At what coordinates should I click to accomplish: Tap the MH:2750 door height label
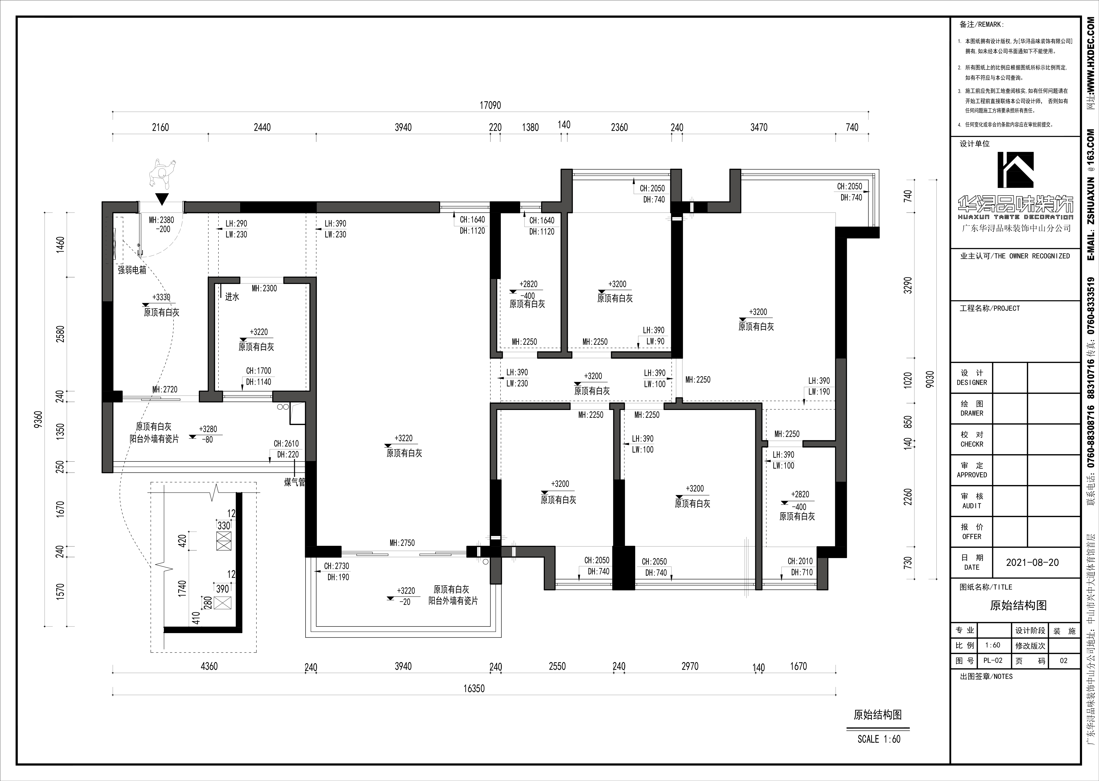tap(402, 543)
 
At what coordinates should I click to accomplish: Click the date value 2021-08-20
tap(1032, 563)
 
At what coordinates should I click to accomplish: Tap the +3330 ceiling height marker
tap(161, 297)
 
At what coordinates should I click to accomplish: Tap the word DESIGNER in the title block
tap(972, 383)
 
